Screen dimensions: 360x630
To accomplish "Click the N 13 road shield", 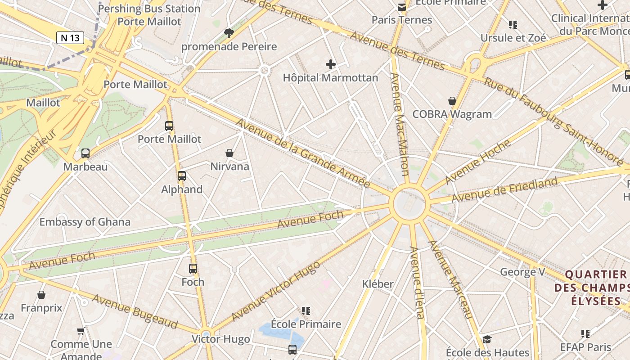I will tap(70, 38).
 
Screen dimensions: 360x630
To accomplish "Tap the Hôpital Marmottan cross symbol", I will tap(331, 64).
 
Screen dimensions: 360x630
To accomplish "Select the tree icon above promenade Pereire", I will tap(229, 33).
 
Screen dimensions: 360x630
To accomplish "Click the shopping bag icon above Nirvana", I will tap(229, 153).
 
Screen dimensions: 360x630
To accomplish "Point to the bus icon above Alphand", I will tap(182, 176).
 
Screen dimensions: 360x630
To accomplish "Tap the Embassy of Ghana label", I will tap(85, 222).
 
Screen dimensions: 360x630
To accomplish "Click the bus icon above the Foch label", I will tap(193, 269).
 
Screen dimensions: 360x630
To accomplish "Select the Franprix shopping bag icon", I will tap(41, 295).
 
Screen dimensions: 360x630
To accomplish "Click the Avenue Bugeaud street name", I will tap(135, 311).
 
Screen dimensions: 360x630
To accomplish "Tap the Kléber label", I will tap(378, 284).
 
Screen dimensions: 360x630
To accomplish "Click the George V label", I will tap(523, 272).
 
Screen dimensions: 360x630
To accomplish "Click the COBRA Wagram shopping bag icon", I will tap(452, 101).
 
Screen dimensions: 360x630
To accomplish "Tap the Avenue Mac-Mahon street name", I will tap(399, 124).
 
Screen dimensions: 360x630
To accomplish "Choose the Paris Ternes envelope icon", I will tap(401, 7).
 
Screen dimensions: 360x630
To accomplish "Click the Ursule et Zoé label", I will tap(513, 38).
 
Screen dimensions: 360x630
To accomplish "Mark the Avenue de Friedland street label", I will tap(504, 190).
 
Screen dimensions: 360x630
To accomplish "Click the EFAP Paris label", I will tap(586, 347).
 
